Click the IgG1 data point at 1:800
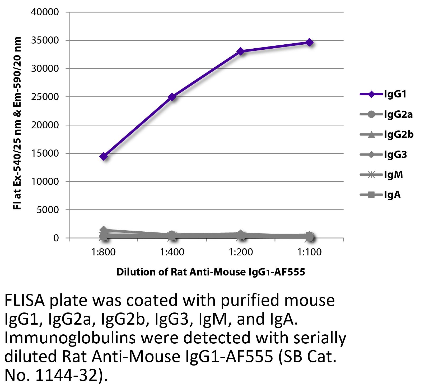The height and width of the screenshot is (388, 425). (x=104, y=156)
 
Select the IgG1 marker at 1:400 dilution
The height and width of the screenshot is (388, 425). (x=172, y=97)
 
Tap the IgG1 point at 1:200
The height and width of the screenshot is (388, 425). (x=240, y=51)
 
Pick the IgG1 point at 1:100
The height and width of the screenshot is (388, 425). (x=309, y=42)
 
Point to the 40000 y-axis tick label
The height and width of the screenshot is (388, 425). (x=45, y=12)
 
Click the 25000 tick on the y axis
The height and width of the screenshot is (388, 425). (x=45, y=97)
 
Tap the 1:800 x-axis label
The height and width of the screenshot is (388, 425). (x=104, y=252)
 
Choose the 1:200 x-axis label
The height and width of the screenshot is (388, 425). (x=241, y=252)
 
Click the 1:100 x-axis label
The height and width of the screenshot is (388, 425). (x=309, y=252)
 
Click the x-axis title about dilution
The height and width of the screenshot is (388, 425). (x=211, y=272)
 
